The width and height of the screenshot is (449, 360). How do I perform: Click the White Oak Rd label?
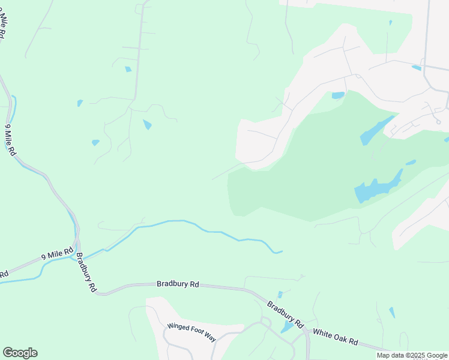336,337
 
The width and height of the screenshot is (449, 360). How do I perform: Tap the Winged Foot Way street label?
191,331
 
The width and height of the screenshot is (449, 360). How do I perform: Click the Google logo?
20,353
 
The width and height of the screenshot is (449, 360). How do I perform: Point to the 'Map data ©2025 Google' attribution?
412,355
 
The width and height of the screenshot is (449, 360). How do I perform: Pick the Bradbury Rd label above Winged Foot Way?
178,284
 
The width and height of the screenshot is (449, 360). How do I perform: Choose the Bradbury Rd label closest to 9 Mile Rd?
86,276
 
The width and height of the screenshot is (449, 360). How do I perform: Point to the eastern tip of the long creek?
282,251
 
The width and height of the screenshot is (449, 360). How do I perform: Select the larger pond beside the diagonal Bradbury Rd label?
288,326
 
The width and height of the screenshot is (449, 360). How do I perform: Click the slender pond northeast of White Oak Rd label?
392,313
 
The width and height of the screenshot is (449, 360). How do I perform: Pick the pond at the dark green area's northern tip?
338,95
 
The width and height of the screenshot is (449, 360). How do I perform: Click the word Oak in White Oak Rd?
336,337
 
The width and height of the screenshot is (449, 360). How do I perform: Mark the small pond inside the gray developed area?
416,68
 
